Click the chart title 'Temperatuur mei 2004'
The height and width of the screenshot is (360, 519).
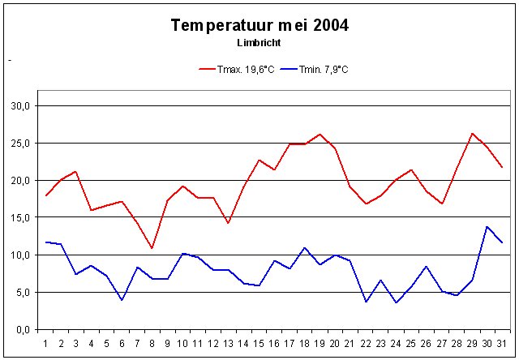(x=259, y=26)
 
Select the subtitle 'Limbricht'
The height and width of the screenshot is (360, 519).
(x=259, y=42)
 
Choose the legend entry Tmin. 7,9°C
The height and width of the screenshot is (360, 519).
(x=319, y=69)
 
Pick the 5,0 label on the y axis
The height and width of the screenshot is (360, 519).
(x=22, y=292)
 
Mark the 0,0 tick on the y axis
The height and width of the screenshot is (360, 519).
(x=22, y=329)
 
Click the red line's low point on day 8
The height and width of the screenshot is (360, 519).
(x=152, y=248)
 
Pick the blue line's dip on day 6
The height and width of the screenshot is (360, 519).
(x=122, y=300)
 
